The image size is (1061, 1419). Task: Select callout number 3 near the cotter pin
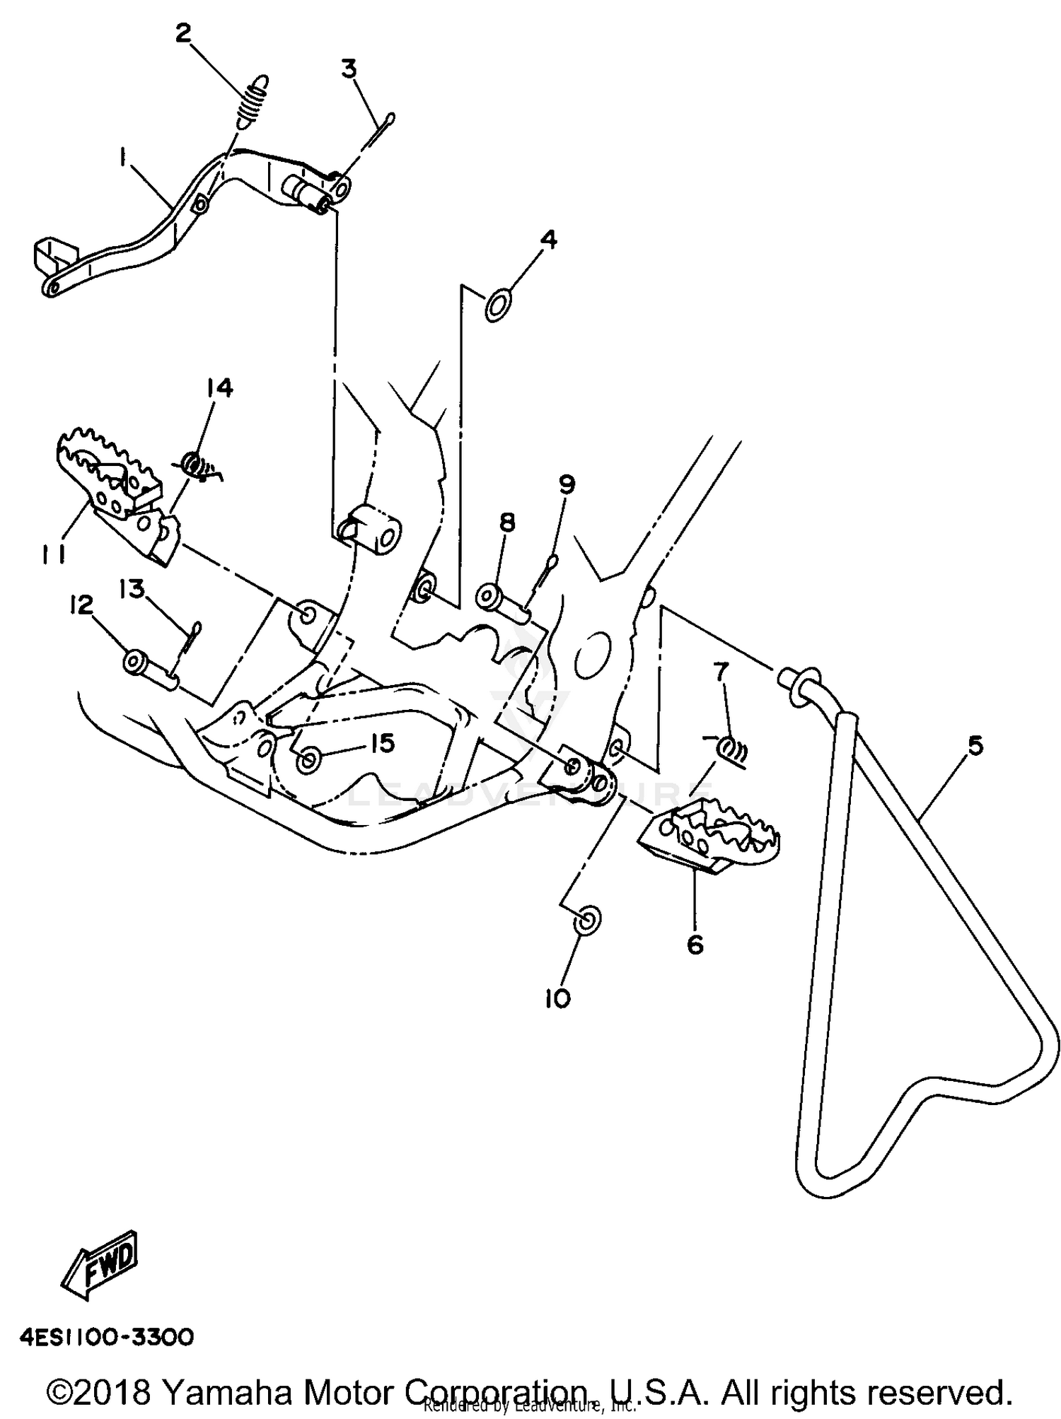[x=349, y=70]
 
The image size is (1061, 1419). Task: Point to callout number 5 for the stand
[x=975, y=746]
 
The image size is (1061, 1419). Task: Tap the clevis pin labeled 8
[x=504, y=600]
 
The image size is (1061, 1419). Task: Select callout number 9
[x=567, y=485]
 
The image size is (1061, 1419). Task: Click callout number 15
[x=381, y=744]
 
